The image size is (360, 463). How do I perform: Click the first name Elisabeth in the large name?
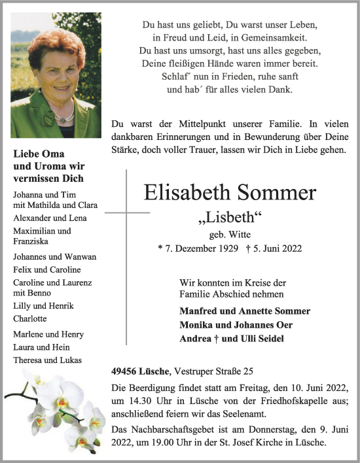point(187,193)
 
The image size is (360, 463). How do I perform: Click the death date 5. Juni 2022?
point(270,249)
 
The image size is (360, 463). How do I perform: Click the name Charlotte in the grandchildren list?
point(29,318)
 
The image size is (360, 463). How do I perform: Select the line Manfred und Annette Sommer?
point(245,311)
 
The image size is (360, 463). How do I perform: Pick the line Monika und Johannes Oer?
point(236,325)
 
